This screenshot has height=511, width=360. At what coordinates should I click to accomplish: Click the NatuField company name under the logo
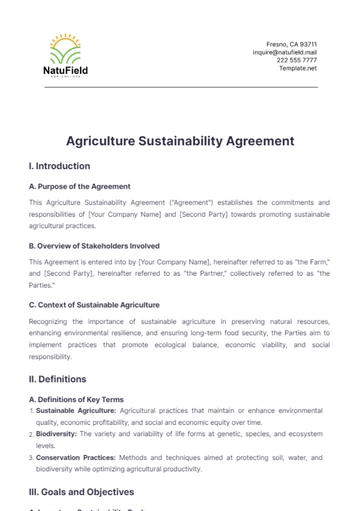click(66, 71)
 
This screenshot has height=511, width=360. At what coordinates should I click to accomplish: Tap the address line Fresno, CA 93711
click(291, 44)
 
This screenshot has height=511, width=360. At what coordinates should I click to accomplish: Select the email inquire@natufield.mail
click(285, 52)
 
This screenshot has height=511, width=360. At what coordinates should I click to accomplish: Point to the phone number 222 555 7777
click(297, 60)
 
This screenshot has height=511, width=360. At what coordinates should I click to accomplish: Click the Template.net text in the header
click(298, 68)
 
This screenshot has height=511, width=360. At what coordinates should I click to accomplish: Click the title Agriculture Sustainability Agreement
click(180, 141)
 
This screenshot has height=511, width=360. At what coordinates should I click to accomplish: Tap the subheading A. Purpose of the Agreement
click(79, 186)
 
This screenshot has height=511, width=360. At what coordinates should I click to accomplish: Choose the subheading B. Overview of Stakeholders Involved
click(94, 245)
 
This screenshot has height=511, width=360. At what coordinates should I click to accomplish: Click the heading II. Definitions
click(58, 379)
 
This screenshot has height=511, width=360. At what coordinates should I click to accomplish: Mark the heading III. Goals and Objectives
click(83, 492)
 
